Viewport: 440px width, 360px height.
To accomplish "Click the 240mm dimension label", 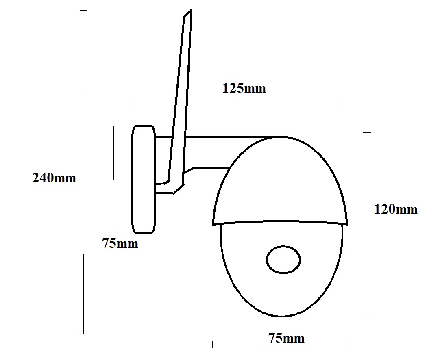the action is tap(54, 178).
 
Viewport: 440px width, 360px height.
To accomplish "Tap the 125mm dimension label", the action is tap(244, 88).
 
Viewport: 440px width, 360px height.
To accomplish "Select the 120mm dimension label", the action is tap(396, 209).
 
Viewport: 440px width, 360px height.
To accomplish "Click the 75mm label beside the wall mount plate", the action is tap(120, 243).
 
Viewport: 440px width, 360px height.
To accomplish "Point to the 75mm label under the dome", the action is tap(286, 338).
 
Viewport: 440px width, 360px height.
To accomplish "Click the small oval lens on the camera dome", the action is tap(283, 260).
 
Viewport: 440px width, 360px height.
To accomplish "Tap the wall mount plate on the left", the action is tap(144, 180).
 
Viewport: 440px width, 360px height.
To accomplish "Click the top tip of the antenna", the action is tap(191, 10).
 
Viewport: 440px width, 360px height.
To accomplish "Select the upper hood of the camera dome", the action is tap(280, 180).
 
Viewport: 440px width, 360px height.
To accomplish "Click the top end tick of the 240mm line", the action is tap(83, 11).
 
